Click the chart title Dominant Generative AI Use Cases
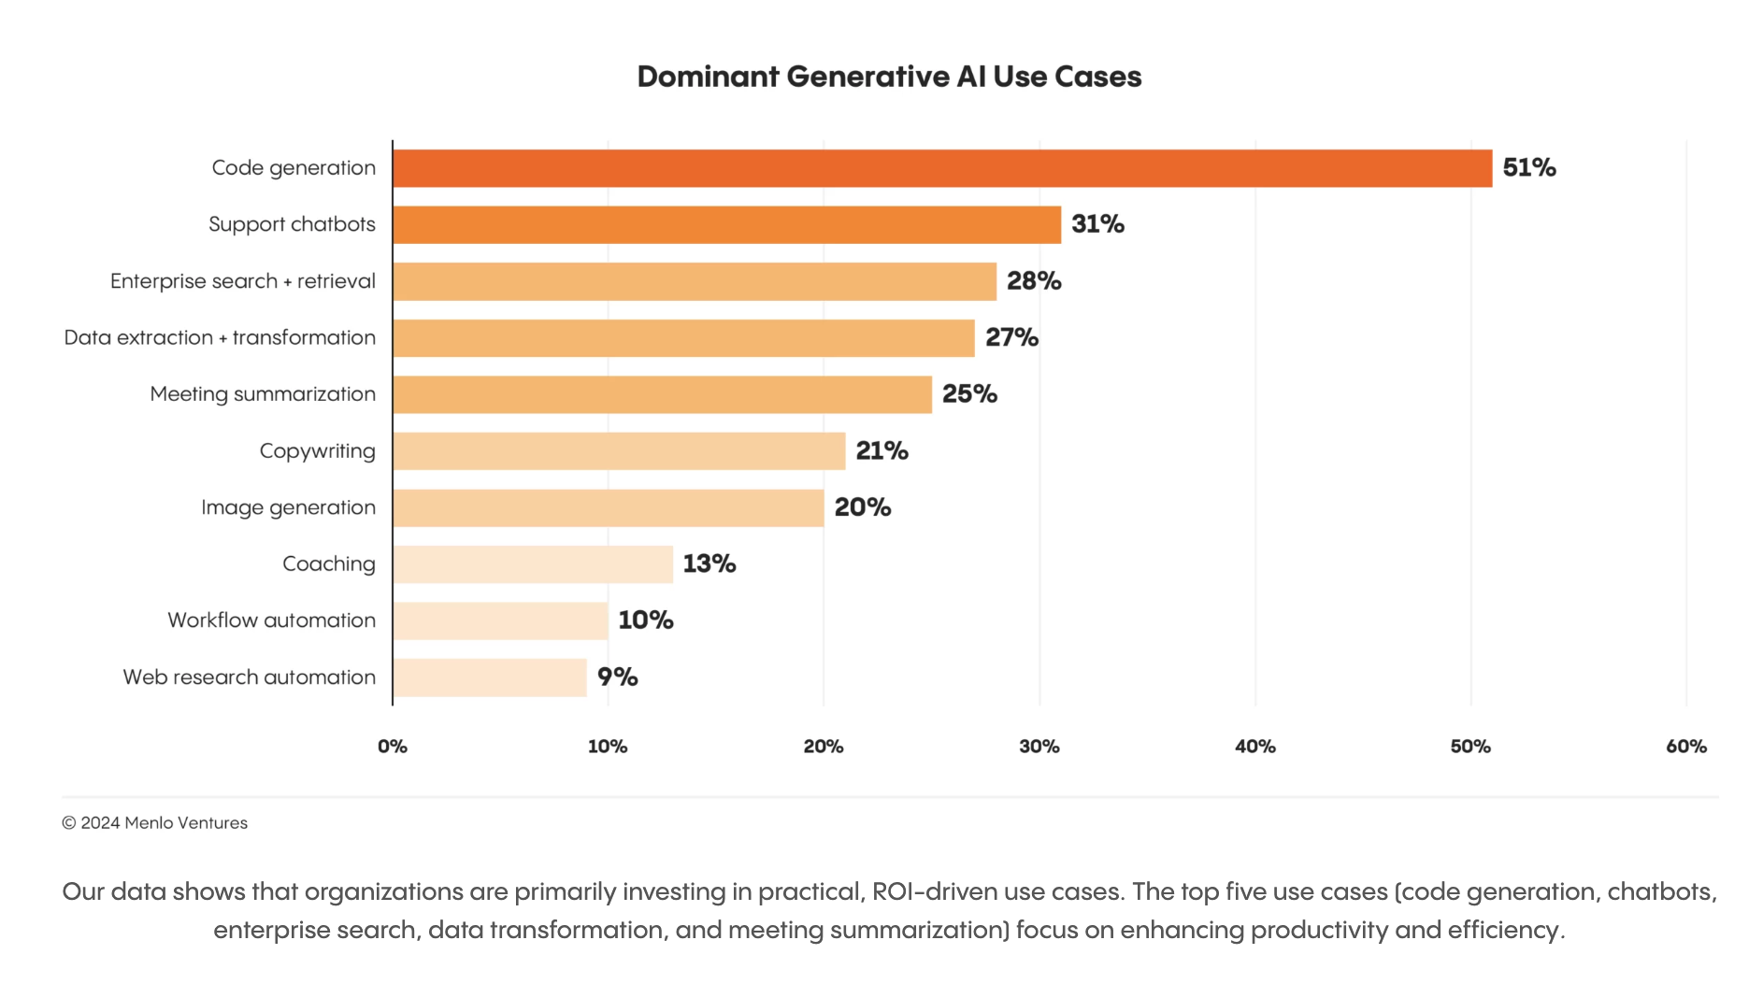889,77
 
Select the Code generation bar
942,168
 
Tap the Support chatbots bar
726,225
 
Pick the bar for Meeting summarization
662,394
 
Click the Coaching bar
533,564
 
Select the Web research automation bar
490,677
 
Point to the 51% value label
1528,168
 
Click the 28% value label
1033,281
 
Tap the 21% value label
881,451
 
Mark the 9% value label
617,677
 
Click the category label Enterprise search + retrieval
243,281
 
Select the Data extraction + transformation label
220,338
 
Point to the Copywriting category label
317,451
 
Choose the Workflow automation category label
271,620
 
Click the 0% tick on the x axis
393,747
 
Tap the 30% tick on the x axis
1039,747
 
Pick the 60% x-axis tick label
1685,747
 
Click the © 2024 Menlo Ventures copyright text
155,823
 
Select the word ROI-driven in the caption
934,892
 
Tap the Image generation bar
608,508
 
